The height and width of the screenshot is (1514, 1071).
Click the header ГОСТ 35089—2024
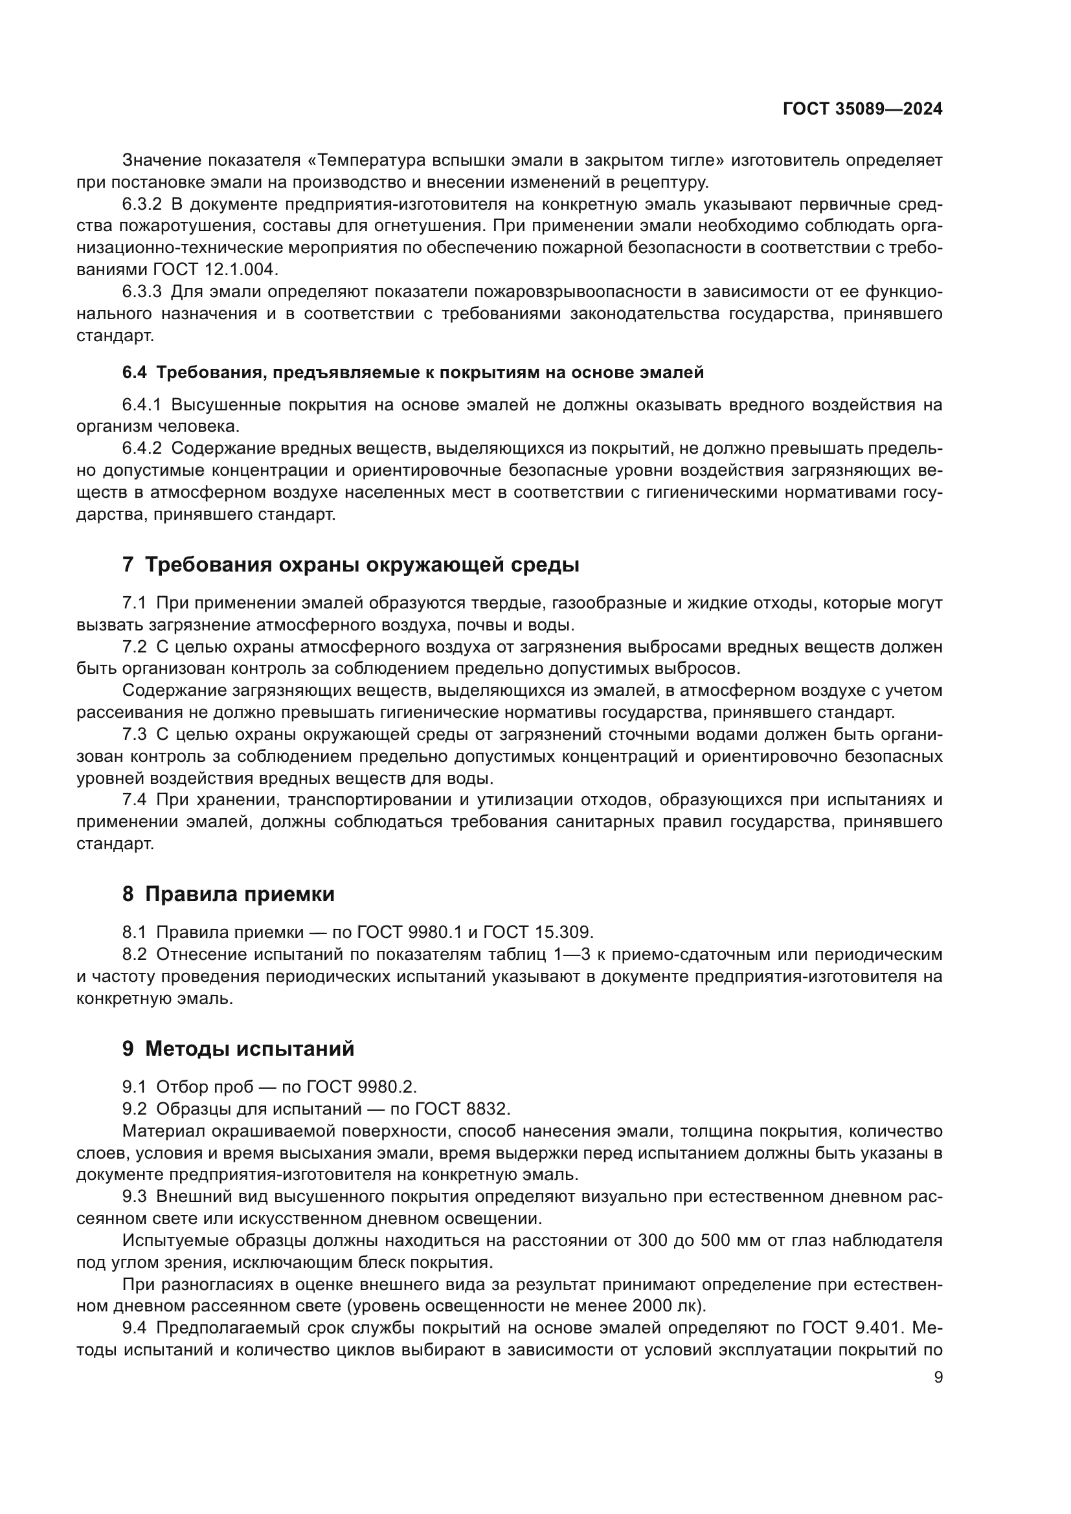point(862,109)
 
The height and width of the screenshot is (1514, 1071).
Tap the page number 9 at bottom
point(938,1377)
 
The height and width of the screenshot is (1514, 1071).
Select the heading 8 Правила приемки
point(228,894)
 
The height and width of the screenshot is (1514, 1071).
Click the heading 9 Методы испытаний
point(238,1049)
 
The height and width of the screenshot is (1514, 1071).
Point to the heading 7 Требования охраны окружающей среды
point(350,565)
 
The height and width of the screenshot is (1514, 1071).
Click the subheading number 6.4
point(135,373)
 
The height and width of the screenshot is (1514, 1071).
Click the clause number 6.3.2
point(142,204)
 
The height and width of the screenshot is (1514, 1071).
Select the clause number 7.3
point(135,734)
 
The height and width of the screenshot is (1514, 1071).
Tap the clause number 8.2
point(135,954)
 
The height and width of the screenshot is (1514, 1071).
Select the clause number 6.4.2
point(142,449)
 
